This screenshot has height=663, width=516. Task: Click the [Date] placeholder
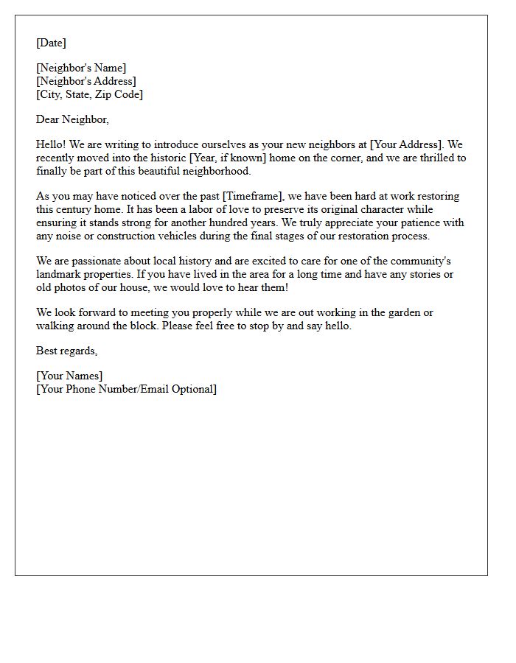pos(51,43)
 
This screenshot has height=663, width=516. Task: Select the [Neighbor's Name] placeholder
pos(81,68)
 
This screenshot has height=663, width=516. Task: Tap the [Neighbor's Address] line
pos(86,81)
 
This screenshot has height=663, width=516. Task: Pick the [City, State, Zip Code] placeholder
pos(89,94)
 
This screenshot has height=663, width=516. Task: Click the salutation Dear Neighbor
pos(72,119)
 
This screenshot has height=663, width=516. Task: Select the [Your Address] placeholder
pos(406,144)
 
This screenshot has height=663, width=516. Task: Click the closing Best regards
pos(66,351)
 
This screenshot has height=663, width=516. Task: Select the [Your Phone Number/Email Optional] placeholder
pos(126,389)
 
